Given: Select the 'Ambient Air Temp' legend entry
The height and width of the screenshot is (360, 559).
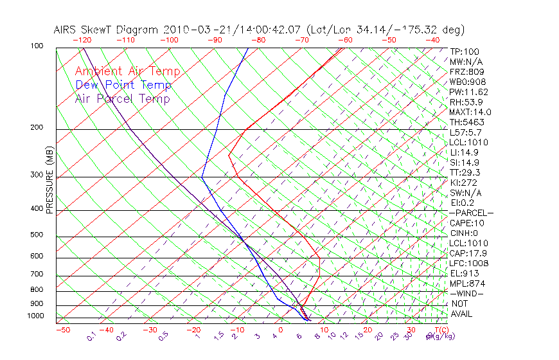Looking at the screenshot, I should pyautogui.click(x=127, y=71).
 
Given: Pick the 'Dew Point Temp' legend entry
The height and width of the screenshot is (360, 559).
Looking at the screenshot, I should pyautogui.click(x=123, y=85).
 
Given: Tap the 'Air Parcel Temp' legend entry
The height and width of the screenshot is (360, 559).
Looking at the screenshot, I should pyautogui.click(x=123, y=98).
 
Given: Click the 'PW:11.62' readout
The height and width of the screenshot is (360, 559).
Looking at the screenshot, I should pyautogui.click(x=469, y=92).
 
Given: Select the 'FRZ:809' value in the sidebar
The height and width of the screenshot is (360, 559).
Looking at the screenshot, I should pyautogui.click(x=466, y=72).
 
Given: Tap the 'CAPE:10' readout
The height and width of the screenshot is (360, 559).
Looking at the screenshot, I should pyautogui.click(x=467, y=223).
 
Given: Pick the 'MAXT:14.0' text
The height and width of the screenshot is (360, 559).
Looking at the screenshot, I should pyautogui.click(x=471, y=113).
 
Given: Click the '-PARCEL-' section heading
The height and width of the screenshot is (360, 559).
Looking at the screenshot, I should pyautogui.click(x=471, y=213).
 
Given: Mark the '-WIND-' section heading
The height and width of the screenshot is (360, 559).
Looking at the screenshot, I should pyautogui.click(x=467, y=293).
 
